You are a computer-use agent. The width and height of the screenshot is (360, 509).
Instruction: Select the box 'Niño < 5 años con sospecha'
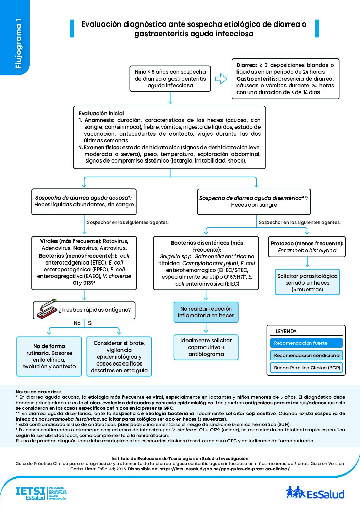point(170,79)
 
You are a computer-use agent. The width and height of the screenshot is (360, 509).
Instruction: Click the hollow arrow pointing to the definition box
point(221,79)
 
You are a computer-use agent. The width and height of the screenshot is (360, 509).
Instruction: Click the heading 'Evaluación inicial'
point(101,113)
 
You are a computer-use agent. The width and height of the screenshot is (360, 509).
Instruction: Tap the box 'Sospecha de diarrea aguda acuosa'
point(84,201)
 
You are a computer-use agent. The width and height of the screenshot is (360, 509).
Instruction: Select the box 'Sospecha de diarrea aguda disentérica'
point(254,202)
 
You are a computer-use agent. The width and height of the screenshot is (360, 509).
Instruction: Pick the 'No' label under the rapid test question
point(77,323)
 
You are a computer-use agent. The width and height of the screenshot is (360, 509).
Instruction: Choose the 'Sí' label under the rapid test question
point(90,323)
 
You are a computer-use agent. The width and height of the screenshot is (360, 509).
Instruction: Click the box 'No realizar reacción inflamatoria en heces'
point(206,312)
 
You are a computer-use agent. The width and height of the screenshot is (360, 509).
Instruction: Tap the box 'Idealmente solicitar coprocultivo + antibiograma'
point(206,347)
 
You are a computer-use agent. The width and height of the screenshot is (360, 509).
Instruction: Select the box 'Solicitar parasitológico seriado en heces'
point(307,283)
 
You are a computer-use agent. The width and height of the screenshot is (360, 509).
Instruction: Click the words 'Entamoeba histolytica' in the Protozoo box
point(307,251)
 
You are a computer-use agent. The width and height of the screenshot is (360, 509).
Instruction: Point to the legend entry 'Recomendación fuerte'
point(306,343)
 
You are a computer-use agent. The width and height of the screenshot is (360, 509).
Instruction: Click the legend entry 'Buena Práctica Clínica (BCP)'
point(306,368)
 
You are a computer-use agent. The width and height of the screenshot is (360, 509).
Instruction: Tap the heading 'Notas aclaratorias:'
point(38,392)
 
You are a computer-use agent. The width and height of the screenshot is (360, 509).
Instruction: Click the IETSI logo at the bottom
point(40,493)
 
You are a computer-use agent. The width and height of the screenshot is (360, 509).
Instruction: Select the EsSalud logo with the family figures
point(315,493)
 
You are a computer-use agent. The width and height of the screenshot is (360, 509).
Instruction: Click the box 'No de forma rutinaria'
point(49,356)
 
